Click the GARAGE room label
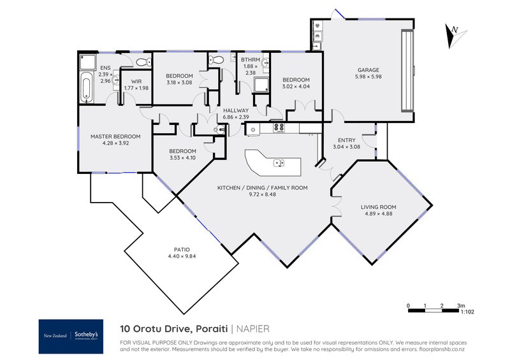coord(368,70)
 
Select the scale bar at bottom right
coord(433,310)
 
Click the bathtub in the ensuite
coord(86,87)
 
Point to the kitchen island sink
coord(279,162)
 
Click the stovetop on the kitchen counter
coord(279,127)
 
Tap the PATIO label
coord(182,250)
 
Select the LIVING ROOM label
coord(378,207)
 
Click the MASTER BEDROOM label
coord(115,136)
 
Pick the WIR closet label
coord(136,82)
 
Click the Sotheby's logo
coord(71,336)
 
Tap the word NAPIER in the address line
coord(252,329)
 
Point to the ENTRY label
coord(346,140)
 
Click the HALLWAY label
coord(236,111)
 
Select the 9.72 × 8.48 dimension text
coord(262,194)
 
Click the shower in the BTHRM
coord(261,85)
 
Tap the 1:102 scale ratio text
coord(467,312)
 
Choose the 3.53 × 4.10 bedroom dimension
coord(182,158)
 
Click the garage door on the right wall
coord(407,71)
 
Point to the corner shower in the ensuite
coord(88,62)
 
